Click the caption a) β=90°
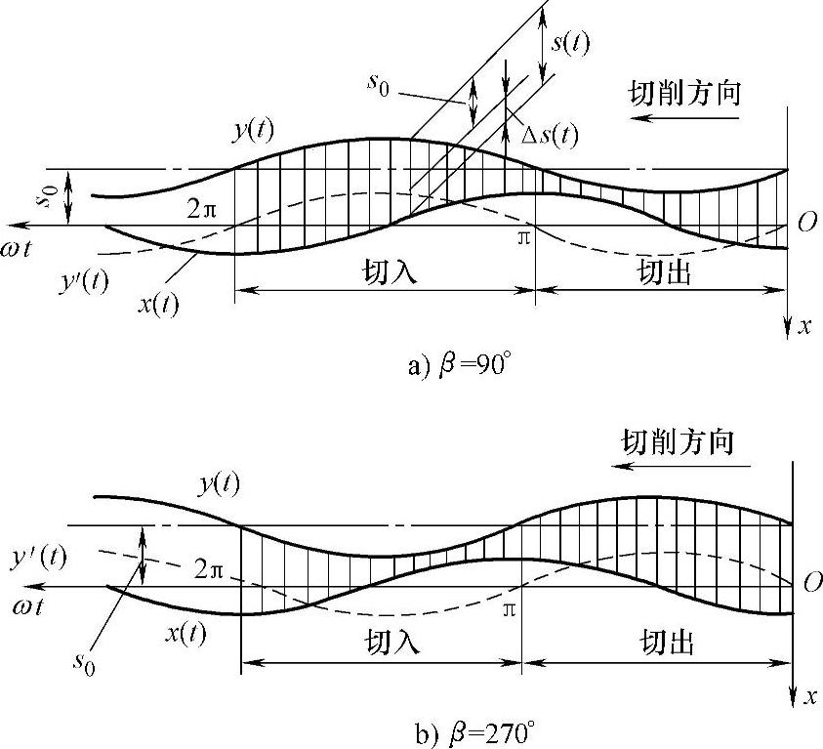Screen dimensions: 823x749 pos(458,366)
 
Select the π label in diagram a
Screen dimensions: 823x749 pos(524,237)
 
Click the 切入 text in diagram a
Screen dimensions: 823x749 pos(387,272)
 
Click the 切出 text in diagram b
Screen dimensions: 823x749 pos(667,642)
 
